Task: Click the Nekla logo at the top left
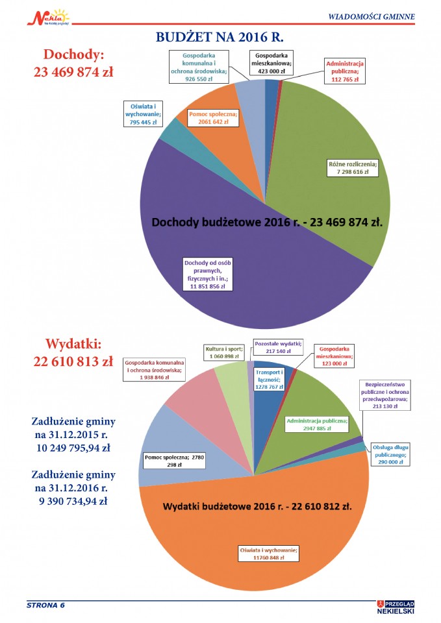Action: point(48,18)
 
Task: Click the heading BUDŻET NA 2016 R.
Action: point(220,37)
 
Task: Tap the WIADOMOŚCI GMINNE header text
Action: point(372,17)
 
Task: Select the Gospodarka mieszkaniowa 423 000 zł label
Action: point(272,63)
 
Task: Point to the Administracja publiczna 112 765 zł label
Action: point(345,71)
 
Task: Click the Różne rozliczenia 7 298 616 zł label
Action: point(353,168)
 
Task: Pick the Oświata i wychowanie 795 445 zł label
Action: point(143,114)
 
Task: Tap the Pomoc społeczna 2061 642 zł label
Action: point(213,118)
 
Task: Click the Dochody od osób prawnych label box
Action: point(208,275)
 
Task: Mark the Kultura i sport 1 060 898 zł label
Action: point(224,352)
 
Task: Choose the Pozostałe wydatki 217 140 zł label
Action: point(278,347)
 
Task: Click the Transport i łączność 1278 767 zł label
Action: point(270,380)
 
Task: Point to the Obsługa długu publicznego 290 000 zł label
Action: point(390,454)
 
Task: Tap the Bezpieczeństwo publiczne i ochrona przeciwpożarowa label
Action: point(385,395)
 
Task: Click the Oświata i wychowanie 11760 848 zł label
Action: point(268,554)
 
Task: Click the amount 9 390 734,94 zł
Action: point(73,502)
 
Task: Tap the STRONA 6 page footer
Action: point(45,605)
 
